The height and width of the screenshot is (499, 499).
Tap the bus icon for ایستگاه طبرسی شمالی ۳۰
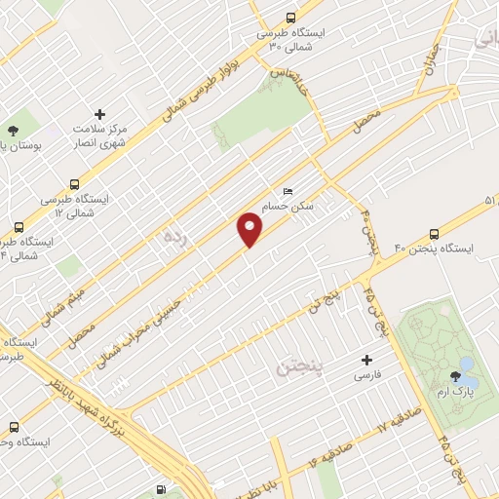point(290,18)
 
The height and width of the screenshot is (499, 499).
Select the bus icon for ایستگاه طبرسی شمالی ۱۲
point(75,182)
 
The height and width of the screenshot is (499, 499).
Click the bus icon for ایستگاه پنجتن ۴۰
point(433,234)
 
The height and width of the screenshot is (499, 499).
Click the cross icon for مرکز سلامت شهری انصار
point(98,115)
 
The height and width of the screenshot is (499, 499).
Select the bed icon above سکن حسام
point(287,192)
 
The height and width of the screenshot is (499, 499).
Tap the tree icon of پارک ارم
point(454,374)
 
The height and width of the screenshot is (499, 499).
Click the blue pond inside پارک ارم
point(467,366)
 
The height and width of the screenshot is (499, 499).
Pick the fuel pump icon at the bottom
point(160,489)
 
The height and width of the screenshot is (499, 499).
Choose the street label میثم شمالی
point(65,303)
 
